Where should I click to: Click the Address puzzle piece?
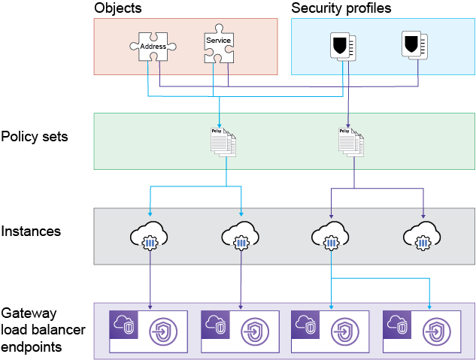(x=153, y=47)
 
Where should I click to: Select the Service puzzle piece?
(x=218, y=46)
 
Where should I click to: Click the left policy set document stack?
(x=223, y=141)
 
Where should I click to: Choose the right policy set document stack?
(x=351, y=141)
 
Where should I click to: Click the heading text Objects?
(x=117, y=8)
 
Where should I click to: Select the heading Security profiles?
(x=341, y=8)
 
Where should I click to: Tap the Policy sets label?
(x=35, y=137)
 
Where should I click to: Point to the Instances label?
(x=31, y=231)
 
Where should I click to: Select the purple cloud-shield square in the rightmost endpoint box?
(x=397, y=325)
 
